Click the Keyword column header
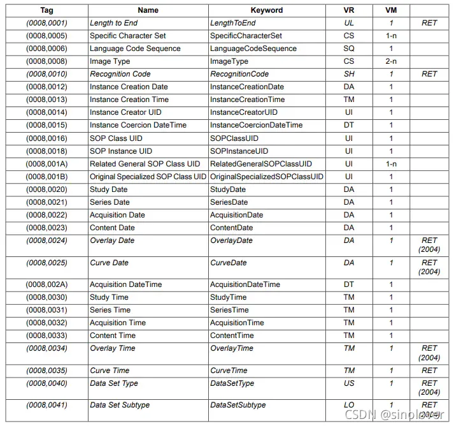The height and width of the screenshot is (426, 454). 266,10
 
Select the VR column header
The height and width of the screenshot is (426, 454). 349,10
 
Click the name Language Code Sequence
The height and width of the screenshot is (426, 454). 135,48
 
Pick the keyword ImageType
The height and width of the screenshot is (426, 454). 229,61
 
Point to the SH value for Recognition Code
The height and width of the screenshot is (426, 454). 349,74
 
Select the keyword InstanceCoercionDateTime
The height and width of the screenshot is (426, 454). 257,125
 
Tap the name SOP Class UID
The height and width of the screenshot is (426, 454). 116,138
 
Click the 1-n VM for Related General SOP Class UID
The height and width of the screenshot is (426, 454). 391,164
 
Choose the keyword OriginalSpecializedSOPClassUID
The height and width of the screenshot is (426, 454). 267,177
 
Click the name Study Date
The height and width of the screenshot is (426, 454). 108,189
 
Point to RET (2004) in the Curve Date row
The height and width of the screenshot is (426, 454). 429,267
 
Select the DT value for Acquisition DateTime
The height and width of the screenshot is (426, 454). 349,284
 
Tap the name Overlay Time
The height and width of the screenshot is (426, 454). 113,348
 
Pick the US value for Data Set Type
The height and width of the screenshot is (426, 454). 349,383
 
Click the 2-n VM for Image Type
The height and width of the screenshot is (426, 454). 391,61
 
